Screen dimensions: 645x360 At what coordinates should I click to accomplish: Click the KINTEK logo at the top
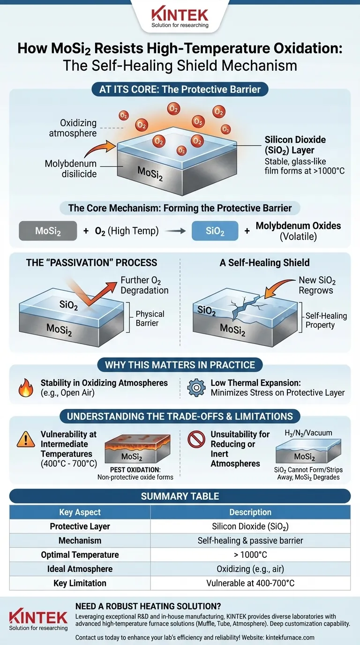click(x=180, y=15)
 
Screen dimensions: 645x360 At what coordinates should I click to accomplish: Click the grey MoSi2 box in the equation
click(x=48, y=231)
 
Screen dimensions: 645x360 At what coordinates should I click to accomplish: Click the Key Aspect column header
click(x=80, y=512)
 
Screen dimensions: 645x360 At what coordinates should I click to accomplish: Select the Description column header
click(x=250, y=512)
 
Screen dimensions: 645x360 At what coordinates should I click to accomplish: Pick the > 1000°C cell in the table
click(x=250, y=555)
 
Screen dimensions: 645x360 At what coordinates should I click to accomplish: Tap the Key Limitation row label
click(x=80, y=583)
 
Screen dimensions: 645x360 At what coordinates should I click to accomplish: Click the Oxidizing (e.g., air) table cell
click(x=250, y=569)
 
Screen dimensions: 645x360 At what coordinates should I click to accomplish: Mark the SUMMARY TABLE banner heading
click(x=180, y=495)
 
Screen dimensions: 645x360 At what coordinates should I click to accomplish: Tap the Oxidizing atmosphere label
click(x=72, y=128)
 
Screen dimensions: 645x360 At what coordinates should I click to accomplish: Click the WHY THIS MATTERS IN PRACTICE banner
click(x=180, y=365)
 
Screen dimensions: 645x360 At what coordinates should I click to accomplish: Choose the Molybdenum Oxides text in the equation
click(x=298, y=225)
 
